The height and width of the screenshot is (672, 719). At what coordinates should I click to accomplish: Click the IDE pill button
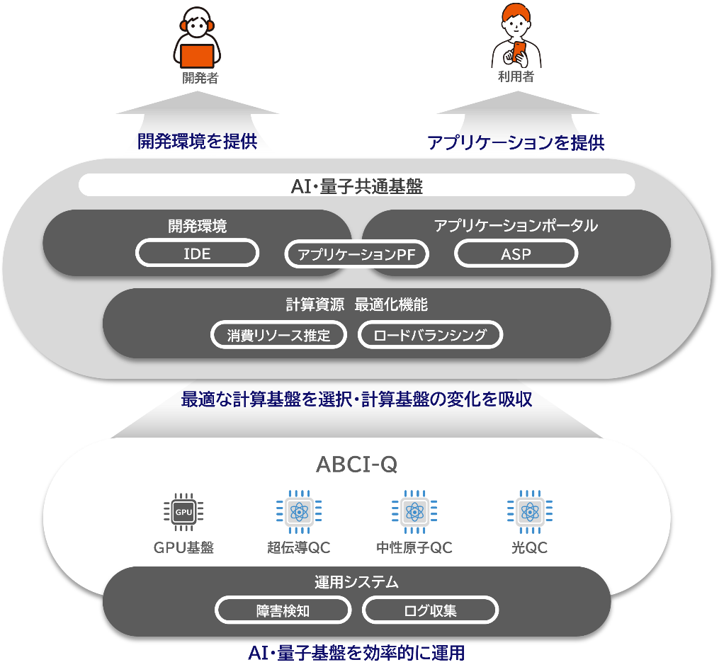197,253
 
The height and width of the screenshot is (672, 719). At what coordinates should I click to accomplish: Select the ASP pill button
516,254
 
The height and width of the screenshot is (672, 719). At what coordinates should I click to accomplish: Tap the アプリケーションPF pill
356,254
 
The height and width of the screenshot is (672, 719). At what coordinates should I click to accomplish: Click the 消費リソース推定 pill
278,335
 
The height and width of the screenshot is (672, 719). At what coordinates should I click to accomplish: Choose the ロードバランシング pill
430,335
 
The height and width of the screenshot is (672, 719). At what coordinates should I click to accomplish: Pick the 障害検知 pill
283,610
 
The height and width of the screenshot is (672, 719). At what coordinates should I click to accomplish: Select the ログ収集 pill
430,610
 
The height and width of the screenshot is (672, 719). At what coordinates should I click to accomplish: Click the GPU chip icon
184,512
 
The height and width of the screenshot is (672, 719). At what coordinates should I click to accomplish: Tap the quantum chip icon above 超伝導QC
299,511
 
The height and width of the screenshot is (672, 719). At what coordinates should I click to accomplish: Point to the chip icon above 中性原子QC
414,511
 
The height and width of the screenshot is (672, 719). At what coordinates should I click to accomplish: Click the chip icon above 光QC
530,511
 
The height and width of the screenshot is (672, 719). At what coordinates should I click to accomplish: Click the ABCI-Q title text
357,465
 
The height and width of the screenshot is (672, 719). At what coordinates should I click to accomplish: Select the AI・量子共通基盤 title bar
357,186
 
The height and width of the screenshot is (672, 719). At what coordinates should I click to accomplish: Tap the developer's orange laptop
197,57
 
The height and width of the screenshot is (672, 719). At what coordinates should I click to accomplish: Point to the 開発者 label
200,78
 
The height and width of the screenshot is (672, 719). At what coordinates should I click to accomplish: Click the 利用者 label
516,76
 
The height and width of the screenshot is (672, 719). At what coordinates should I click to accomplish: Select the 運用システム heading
357,581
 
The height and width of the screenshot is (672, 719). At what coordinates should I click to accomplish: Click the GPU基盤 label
184,547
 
